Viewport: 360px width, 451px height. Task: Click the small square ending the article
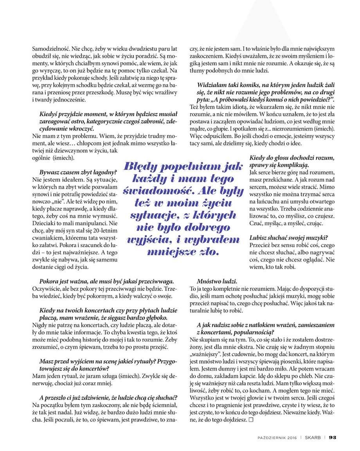pyautogui.click(x=251, y=420)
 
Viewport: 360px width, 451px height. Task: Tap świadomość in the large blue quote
pyautogui.click(x=147, y=191)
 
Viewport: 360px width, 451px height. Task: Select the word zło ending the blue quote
pyautogui.click(x=208, y=251)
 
